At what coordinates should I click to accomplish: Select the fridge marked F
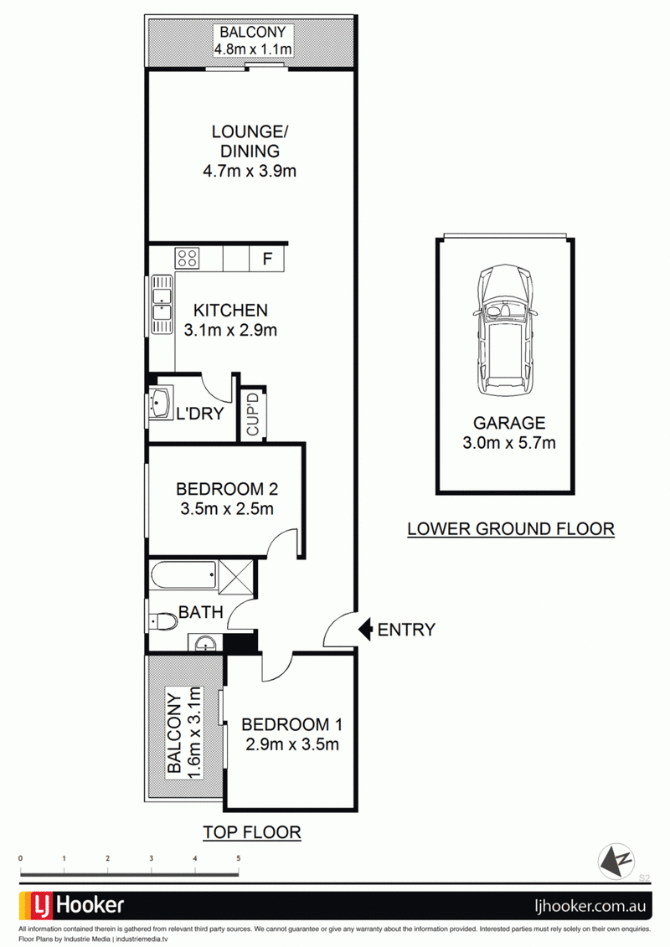pyautogui.click(x=267, y=259)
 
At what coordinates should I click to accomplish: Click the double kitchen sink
pyautogui.click(x=162, y=305)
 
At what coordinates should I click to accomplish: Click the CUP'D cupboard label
pyautogui.click(x=253, y=414)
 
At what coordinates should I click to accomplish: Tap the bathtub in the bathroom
pyautogui.click(x=183, y=574)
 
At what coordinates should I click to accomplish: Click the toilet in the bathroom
pyautogui.click(x=162, y=621)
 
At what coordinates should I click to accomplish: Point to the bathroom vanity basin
pyautogui.click(x=206, y=643)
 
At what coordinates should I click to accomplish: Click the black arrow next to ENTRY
pyautogui.click(x=365, y=630)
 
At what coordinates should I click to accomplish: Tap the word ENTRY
pyautogui.click(x=406, y=630)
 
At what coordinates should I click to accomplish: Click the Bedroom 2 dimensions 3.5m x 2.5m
pyautogui.click(x=227, y=508)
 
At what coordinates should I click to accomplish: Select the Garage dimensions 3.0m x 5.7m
pyautogui.click(x=508, y=443)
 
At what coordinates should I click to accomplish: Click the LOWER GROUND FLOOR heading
pyautogui.click(x=511, y=529)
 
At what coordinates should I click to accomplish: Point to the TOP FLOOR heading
pyautogui.click(x=252, y=832)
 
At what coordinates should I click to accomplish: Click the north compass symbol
pyautogui.click(x=616, y=860)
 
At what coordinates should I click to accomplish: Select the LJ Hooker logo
pyautogui.click(x=73, y=905)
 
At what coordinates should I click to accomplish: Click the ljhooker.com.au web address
pyautogui.click(x=590, y=906)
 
